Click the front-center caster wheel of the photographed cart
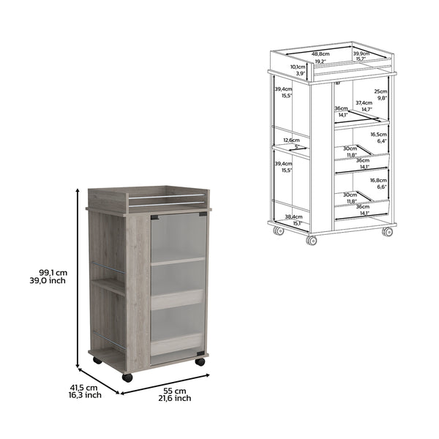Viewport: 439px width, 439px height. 127,378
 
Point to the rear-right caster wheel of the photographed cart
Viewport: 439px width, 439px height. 200,361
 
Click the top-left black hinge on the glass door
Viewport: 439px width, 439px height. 154,217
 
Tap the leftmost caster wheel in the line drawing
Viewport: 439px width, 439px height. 278,231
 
